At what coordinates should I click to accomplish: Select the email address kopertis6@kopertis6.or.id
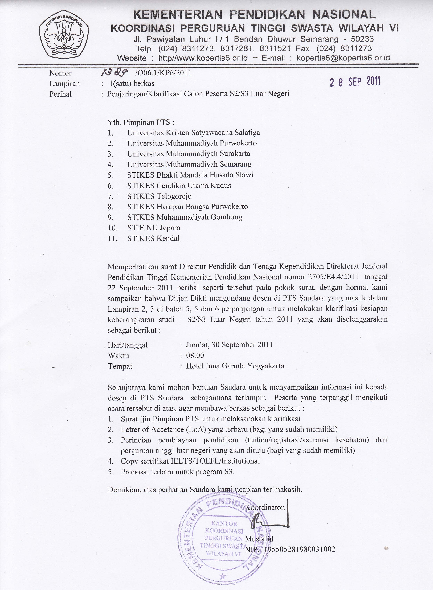[343, 58]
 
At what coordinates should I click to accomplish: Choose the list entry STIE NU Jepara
[154, 228]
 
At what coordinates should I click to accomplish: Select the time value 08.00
[195, 355]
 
